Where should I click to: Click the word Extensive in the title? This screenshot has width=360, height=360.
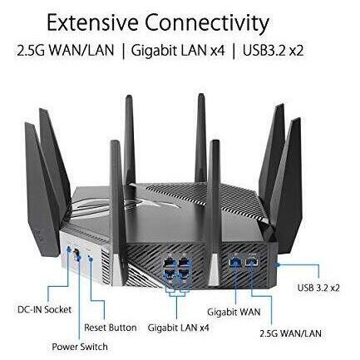click(92, 22)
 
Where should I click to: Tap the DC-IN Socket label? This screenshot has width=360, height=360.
click(44, 309)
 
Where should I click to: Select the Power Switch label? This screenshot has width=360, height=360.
click(80, 347)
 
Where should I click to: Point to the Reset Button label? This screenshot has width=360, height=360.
click(111, 328)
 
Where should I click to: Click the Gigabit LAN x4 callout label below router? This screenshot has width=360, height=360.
click(178, 328)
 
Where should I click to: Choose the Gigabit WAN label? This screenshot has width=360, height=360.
click(234, 312)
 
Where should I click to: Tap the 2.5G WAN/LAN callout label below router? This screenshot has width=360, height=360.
click(290, 333)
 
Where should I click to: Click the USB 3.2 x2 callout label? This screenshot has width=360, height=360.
click(318, 288)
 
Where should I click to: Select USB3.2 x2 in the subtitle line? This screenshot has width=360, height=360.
click(274, 51)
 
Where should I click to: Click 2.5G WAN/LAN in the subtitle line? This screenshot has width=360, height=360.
click(66, 51)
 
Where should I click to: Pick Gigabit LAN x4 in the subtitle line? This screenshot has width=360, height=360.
click(178, 51)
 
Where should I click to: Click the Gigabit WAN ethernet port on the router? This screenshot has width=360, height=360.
click(235, 262)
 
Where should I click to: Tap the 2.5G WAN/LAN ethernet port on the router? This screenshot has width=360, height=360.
click(252, 261)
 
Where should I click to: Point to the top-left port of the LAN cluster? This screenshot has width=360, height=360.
click(169, 261)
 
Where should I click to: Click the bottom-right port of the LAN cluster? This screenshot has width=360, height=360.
click(185, 273)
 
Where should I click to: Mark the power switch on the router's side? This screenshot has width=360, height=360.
click(76, 254)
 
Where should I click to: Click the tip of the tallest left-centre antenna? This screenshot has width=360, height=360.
click(129, 96)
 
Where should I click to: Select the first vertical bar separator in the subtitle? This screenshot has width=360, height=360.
click(123, 52)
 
